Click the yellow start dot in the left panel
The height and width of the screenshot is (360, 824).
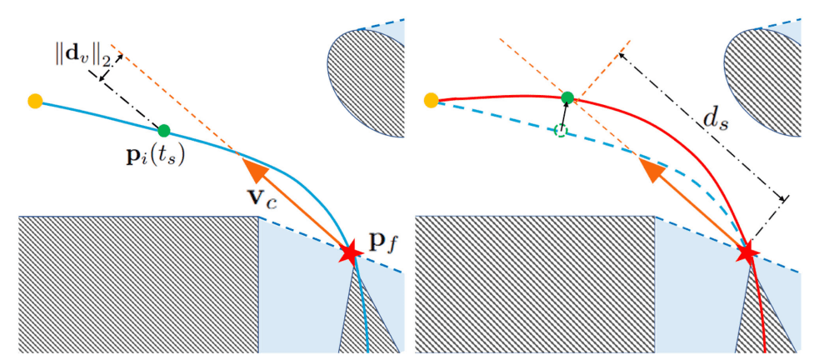click(x=35, y=102)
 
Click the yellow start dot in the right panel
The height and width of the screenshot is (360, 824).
click(x=432, y=101)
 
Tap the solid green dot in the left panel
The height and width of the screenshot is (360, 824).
click(x=164, y=130)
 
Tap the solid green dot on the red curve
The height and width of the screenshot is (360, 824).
click(x=567, y=97)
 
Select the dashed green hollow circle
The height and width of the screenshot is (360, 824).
click(x=561, y=130)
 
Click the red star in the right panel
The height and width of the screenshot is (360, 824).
click(x=747, y=251)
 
